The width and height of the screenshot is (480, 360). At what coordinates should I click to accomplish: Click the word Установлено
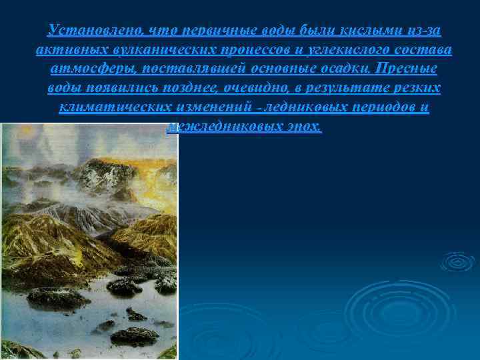(87, 31)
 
